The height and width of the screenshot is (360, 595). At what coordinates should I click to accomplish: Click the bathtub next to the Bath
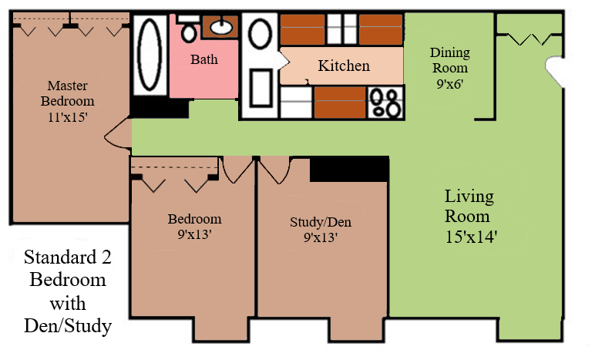(x=150, y=55)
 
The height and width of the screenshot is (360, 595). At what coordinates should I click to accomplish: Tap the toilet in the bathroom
(x=189, y=29)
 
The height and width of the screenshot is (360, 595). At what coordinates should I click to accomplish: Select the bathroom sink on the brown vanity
(x=221, y=26)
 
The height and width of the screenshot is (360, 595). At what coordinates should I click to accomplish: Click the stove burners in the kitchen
(x=385, y=103)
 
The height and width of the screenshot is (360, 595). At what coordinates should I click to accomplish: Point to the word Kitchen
(x=344, y=66)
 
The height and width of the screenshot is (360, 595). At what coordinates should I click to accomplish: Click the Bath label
(x=204, y=59)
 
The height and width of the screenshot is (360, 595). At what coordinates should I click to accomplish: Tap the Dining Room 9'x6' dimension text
(x=450, y=84)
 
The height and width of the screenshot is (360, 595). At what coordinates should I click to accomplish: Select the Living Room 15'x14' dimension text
(x=471, y=237)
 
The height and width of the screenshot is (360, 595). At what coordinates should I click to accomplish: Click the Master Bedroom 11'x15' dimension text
(x=68, y=117)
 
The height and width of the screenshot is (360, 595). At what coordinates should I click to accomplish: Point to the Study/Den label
(x=321, y=222)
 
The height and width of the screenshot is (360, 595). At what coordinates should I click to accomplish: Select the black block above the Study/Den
(x=349, y=170)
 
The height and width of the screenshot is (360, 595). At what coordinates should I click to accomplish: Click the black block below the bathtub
(x=160, y=107)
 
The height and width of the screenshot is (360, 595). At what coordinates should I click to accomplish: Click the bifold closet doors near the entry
(x=529, y=39)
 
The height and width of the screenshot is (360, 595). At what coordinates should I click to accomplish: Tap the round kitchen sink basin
(x=260, y=34)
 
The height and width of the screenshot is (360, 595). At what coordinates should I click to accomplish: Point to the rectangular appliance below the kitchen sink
(x=261, y=88)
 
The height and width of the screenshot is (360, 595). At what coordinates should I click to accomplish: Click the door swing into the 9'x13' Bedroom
(x=238, y=170)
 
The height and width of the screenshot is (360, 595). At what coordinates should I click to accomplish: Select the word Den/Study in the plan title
(x=68, y=326)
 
